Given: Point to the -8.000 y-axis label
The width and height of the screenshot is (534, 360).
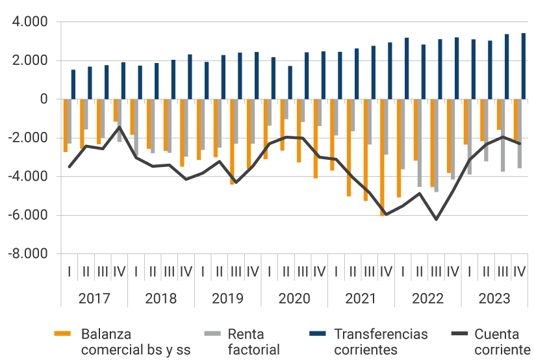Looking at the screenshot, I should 28,253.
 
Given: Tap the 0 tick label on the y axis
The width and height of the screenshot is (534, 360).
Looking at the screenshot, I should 44,99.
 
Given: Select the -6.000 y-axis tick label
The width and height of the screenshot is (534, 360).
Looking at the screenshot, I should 28,215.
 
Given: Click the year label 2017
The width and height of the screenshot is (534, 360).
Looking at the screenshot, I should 94,299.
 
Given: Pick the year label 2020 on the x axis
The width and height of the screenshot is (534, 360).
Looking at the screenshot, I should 294,299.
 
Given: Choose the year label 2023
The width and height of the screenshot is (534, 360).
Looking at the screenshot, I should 494,299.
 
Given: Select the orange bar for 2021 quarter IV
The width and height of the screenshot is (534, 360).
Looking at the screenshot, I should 383,157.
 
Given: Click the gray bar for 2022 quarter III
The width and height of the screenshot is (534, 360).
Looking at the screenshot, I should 437,146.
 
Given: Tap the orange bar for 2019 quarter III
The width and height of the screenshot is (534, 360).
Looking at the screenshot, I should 232,142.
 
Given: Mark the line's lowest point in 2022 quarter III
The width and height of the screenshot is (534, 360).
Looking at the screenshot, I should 436,220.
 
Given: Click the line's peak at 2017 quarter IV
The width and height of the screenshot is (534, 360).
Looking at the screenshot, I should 120,127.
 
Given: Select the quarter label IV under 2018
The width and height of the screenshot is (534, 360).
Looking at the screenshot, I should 186,271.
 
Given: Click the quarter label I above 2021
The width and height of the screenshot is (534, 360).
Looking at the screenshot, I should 336,271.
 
